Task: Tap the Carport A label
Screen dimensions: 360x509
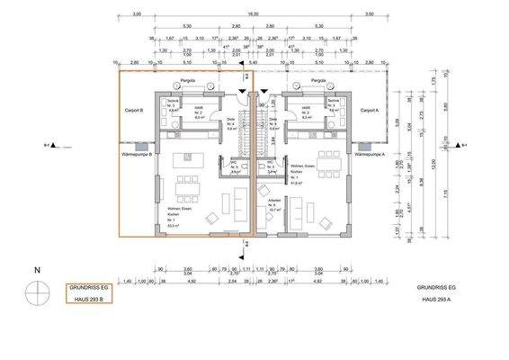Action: pos(373,111)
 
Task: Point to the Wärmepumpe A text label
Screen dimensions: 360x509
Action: pos(371,155)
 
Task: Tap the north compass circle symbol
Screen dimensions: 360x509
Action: pos(37,292)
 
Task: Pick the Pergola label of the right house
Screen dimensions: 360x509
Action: pos(317,82)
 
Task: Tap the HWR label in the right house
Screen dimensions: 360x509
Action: pos(307,105)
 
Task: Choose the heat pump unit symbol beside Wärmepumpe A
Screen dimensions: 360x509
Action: pos(388,144)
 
